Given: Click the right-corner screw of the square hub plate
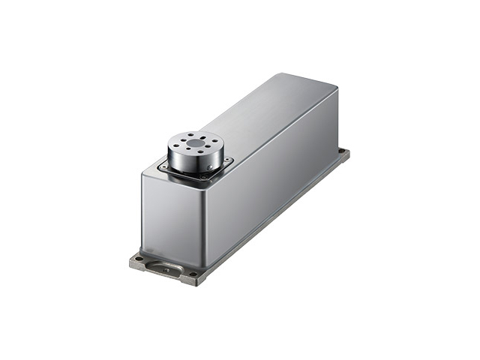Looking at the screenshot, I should pyautogui.click(x=228, y=160).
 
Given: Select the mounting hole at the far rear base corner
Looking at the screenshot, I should pyautogui.click(x=342, y=152).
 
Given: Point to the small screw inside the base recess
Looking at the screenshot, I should pyautogui.click(x=165, y=268).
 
